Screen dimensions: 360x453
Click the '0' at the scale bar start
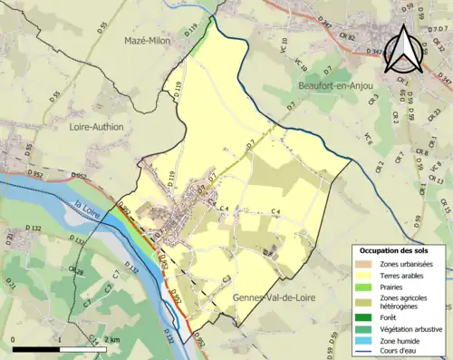point(14,339)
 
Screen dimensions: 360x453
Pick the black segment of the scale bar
point(35,348)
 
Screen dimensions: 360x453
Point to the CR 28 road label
point(78,272)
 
